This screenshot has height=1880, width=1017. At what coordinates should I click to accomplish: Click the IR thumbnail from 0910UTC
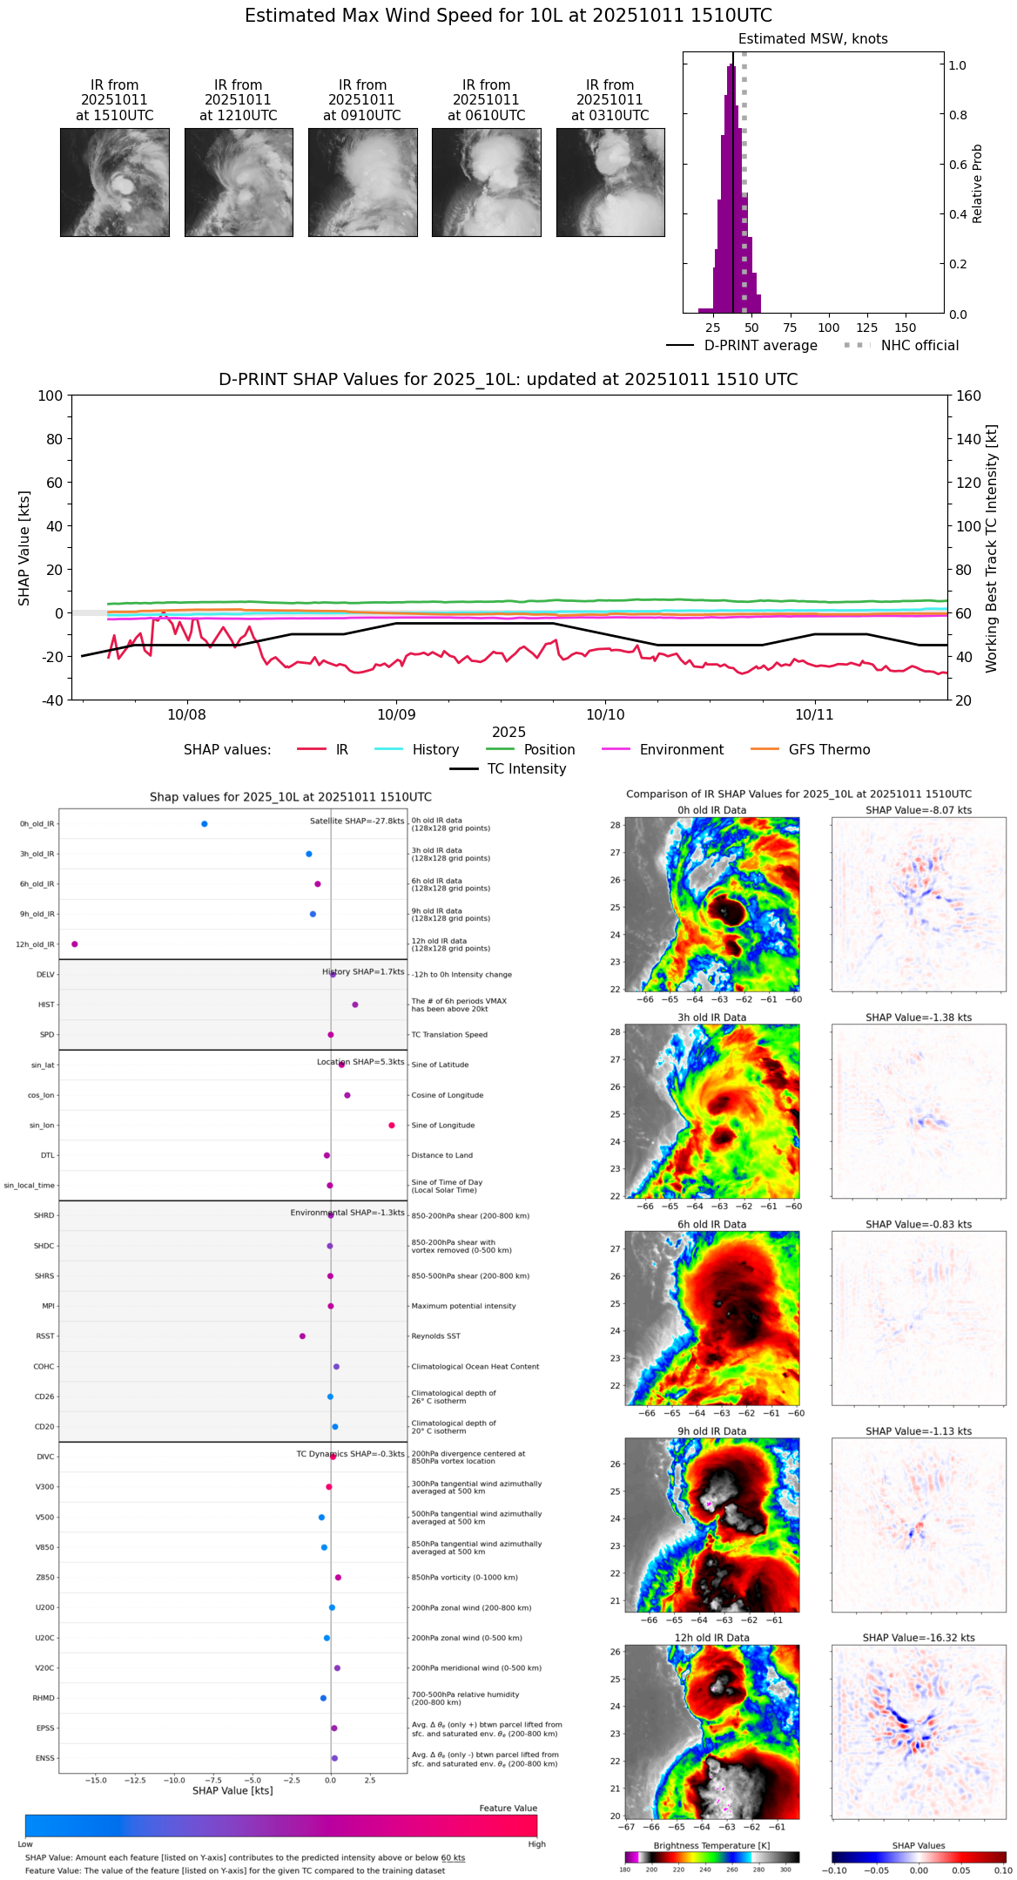[362, 182]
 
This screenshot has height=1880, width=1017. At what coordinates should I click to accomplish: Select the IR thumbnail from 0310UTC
[610, 182]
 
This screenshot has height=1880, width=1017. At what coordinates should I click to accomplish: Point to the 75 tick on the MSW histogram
[790, 328]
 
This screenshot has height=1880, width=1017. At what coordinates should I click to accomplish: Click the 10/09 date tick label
[396, 714]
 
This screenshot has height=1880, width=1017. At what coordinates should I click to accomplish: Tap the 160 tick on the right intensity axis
[969, 396]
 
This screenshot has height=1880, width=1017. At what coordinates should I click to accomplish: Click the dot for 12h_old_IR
[75, 944]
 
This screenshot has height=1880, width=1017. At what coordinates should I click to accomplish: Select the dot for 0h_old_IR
[205, 824]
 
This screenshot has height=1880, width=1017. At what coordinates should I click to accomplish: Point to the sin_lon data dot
[392, 1126]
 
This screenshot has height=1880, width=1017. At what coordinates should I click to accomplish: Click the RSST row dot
[302, 1336]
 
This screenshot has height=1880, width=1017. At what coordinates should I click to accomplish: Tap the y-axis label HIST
[46, 1005]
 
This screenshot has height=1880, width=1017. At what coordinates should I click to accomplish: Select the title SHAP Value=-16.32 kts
[919, 1639]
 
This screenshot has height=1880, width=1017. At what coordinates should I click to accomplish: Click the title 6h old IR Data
[711, 1225]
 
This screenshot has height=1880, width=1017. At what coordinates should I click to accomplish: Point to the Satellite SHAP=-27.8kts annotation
[357, 822]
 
